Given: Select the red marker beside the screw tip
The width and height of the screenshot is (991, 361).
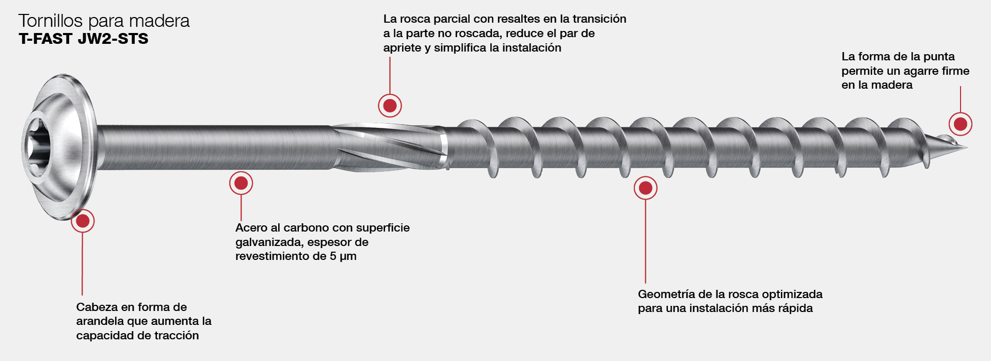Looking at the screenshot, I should click(960, 124).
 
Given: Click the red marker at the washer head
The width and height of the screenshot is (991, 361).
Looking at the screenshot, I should click(83, 221).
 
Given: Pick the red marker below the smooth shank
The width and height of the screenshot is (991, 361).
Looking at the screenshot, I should click(241, 183).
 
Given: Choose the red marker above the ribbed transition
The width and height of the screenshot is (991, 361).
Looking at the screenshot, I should click(390, 106).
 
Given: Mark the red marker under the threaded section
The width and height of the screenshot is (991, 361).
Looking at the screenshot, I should click(645, 188).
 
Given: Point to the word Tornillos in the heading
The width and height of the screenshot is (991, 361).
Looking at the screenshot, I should click(51, 21).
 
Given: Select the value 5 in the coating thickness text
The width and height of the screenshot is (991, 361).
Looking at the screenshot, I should click(333, 256).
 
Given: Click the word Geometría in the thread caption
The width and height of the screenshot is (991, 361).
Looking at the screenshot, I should click(666, 294).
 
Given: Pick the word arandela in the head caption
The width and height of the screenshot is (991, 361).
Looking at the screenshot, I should click(99, 321).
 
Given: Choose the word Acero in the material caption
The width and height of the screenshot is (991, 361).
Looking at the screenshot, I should click(251, 228).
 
